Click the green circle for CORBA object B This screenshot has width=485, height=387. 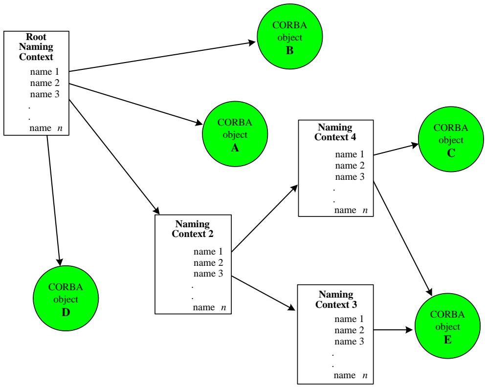pos(290,37)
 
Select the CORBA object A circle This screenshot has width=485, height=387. pos(235,134)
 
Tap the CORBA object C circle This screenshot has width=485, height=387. pos(451,139)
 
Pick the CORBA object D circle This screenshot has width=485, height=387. pos(66,298)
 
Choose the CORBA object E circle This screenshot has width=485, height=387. pos(447,326)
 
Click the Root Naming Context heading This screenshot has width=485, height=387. pos(36,47)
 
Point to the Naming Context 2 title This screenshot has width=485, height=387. pos(193,229)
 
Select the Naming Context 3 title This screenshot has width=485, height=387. pos(336,299)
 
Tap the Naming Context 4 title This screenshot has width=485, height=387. pos(335,132)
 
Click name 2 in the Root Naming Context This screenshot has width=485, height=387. pos(45,83)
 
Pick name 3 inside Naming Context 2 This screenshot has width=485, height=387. pos(208,274)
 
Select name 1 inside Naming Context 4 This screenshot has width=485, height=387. pos(350,154)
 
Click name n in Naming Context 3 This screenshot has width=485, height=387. pos(351,375)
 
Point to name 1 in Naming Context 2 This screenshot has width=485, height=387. pos(208,251)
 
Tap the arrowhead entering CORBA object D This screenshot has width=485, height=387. pos(59,261)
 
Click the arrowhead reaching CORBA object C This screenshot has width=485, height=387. pos(415,145)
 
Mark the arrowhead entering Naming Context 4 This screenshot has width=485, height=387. pos(294,189)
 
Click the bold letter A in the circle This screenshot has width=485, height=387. pos(235,148)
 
